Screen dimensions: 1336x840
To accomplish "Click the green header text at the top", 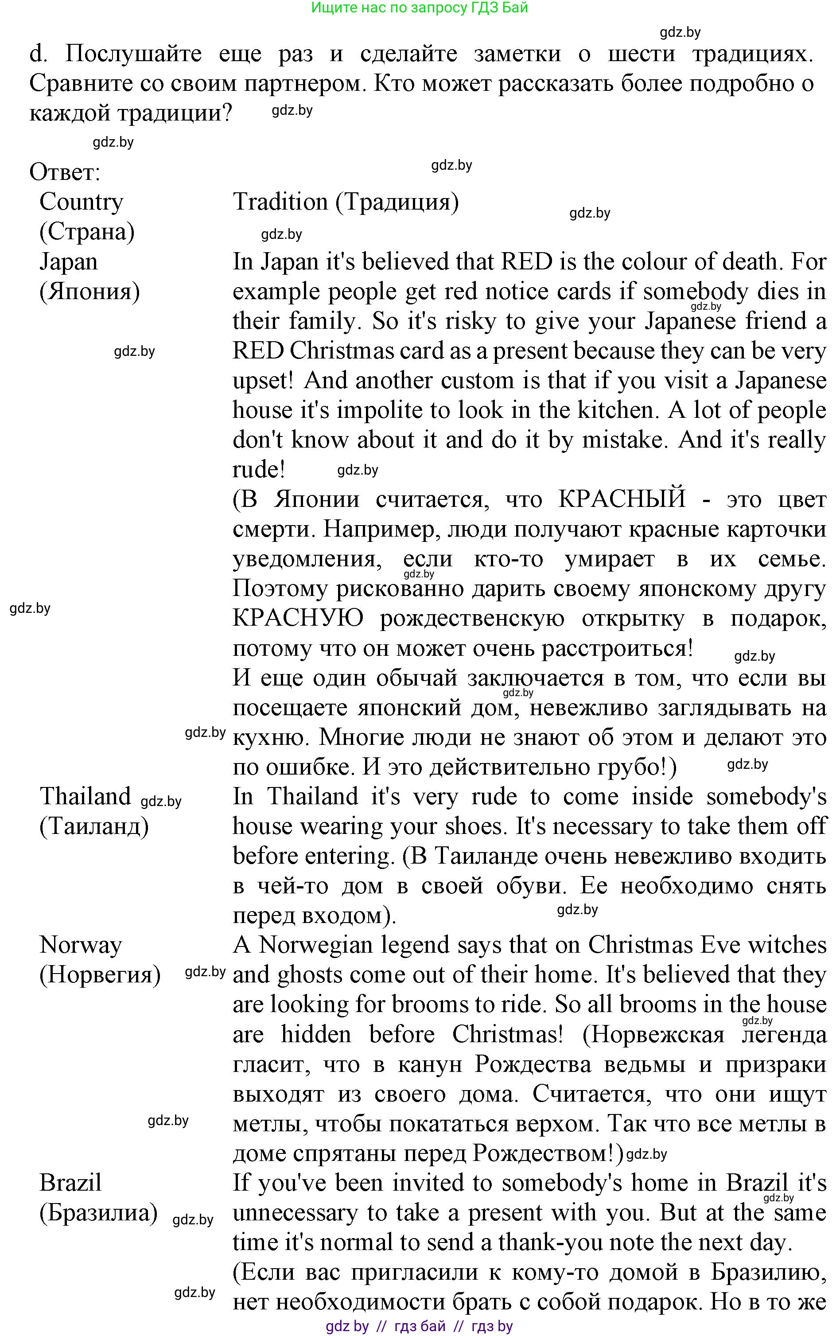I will click(x=420, y=8).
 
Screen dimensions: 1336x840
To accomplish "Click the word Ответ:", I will click(x=64, y=172).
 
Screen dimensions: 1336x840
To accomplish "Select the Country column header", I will click(x=81, y=202).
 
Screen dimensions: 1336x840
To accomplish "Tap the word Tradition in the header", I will click(x=280, y=202).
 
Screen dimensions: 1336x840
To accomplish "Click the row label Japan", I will click(x=68, y=262).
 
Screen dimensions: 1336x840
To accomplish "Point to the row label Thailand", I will click(x=85, y=797).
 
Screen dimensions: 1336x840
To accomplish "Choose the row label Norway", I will click(x=81, y=945).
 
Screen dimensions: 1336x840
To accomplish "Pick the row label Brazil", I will click(x=70, y=1183).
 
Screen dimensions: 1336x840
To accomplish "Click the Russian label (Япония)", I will click(x=89, y=291).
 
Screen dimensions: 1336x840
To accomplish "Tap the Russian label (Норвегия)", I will click(x=100, y=974).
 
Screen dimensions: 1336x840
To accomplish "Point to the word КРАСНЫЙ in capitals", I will click(x=622, y=499).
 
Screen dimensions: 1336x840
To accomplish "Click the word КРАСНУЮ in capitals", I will click(x=298, y=618).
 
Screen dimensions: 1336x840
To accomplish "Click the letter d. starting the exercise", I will click(x=38, y=54).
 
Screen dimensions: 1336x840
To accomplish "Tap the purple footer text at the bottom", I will click(x=420, y=1326).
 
